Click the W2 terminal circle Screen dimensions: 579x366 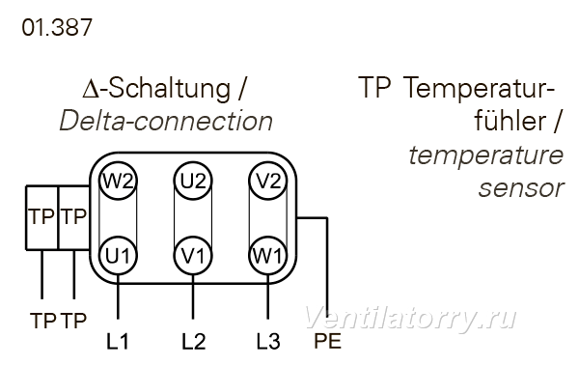(118, 182)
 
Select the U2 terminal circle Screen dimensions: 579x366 (193, 182)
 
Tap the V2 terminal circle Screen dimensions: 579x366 (268, 182)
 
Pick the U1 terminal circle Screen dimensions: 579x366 (118, 256)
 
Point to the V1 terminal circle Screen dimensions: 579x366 (193, 256)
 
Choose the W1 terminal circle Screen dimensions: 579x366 (268, 256)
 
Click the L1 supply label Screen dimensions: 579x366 (118, 341)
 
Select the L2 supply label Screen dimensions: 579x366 (194, 341)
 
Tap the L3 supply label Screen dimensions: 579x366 (268, 341)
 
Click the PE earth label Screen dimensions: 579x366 (327, 341)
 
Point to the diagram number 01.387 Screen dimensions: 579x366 (57, 28)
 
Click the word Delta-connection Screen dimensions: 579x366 (166, 121)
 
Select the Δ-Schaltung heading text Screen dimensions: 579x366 (156, 89)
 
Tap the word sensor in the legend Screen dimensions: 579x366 (521, 188)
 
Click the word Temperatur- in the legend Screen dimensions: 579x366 (480, 88)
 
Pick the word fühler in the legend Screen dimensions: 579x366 (510, 120)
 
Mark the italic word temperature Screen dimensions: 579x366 (486, 155)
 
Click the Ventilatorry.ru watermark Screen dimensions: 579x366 (410, 318)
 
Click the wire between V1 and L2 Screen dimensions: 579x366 (193, 296)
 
